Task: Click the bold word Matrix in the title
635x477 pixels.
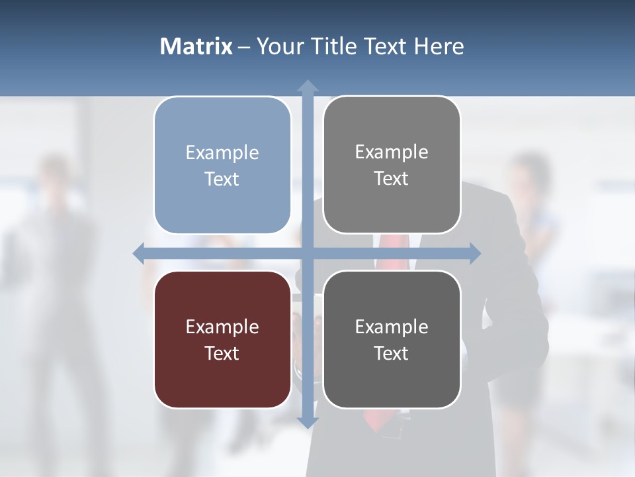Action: pyautogui.click(x=196, y=46)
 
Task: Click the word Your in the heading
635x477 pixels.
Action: pyautogui.click(x=278, y=46)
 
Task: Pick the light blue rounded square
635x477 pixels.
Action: pyautogui.click(x=222, y=165)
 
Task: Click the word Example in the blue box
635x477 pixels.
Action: pyautogui.click(x=222, y=153)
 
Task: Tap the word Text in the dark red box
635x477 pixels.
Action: pyautogui.click(x=222, y=353)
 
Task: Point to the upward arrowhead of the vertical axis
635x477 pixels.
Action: pyautogui.click(x=308, y=86)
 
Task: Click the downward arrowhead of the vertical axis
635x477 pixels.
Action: pyautogui.click(x=308, y=422)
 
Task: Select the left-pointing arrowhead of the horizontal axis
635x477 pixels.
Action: pyautogui.click(x=139, y=253)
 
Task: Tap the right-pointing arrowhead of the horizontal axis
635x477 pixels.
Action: pyautogui.click(x=474, y=253)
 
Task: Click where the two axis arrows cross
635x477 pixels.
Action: pyautogui.click(x=308, y=253)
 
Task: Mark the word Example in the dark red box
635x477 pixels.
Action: pyautogui.click(x=222, y=327)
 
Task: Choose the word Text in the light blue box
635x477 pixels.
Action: pyautogui.click(x=222, y=179)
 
